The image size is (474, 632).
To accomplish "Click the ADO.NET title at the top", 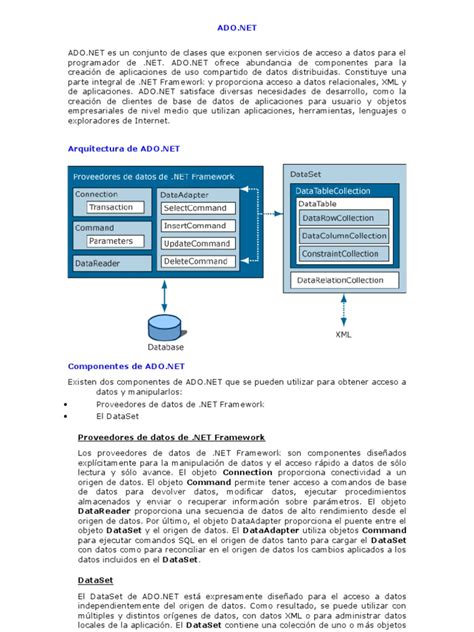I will [x=236, y=31].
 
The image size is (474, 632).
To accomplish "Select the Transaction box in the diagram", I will [x=110, y=207].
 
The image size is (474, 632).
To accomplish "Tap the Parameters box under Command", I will [x=110, y=241].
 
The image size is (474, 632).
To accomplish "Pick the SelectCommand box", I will [x=196, y=207].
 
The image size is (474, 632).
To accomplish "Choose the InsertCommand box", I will [x=195, y=225].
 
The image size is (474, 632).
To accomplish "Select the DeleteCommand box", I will [x=196, y=261].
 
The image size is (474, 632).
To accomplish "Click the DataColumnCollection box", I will [x=344, y=235].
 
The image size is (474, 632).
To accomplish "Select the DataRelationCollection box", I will [x=343, y=281].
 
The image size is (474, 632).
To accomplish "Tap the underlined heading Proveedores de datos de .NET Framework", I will [x=171, y=437].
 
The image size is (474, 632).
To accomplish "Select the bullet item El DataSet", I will [x=116, y=415].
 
